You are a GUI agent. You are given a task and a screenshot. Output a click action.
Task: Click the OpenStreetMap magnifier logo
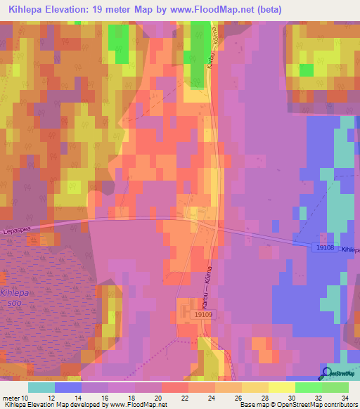(326, 373)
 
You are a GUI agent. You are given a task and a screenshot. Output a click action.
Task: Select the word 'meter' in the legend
(10, 398)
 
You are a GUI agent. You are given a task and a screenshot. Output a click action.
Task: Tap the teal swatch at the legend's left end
(41, 387)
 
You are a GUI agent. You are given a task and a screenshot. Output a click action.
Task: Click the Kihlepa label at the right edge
(350, 249)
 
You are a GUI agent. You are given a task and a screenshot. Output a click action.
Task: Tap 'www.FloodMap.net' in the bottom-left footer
(134, 405)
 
